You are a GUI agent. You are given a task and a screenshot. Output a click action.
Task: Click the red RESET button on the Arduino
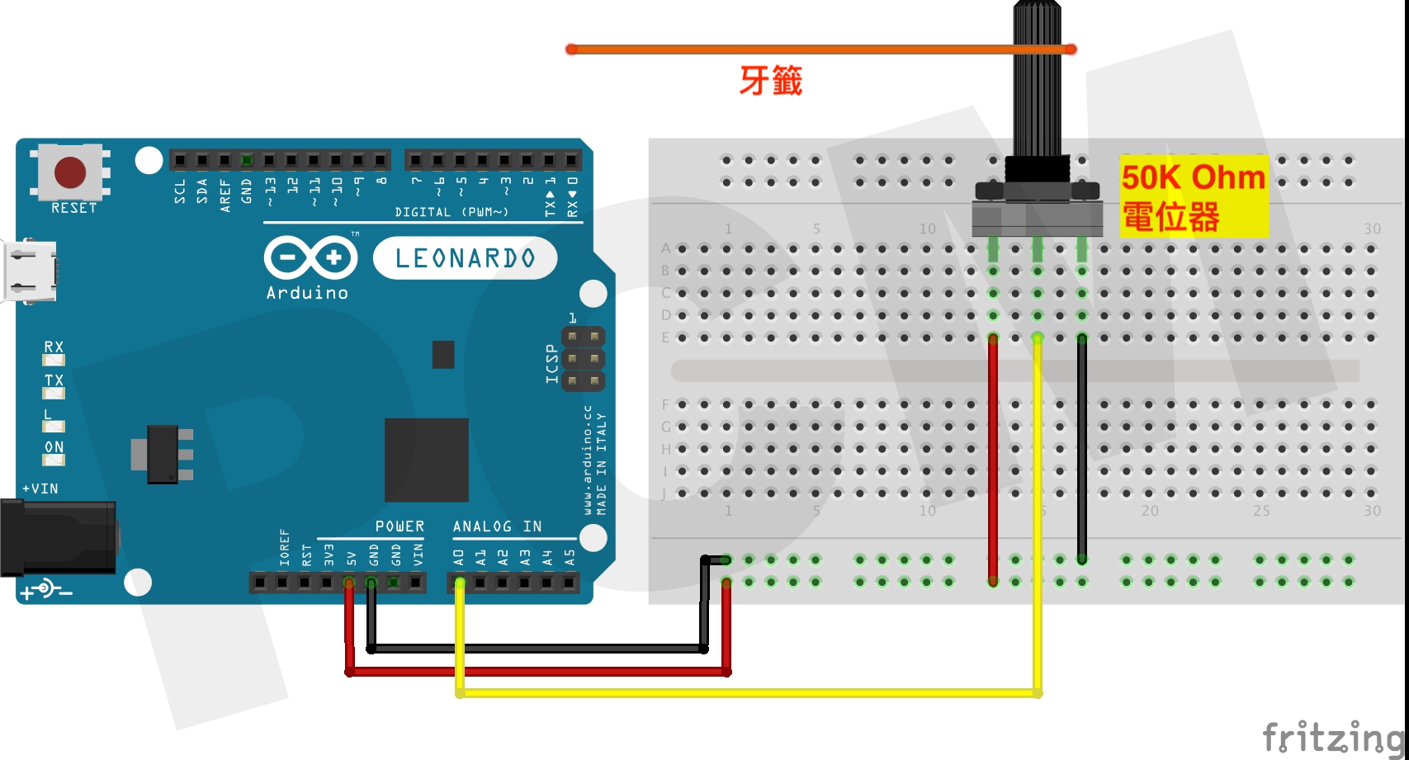pyautogui.click(x=69, y=172)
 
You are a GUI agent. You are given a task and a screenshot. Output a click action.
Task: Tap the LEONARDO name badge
pyautogui.click(x=465, y=258)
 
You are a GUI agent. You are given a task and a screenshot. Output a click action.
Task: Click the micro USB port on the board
pyautogui.click(x=30, y=271)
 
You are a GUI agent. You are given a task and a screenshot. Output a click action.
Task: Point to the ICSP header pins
pyautogui.click(x=583, y=359)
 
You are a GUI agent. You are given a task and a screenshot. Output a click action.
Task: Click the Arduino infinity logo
pyautogui.click(x=310, y=257)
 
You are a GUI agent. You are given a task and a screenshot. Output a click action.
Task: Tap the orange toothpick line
pyautogui.click(x=784, y=50)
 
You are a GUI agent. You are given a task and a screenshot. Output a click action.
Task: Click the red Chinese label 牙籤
pyautogui.click(x=770, y=81)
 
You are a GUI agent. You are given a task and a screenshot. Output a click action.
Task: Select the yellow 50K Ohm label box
pyautogui.click(x=1193, y=197)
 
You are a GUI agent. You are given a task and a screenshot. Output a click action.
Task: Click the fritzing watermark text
pyautogui.click(x=1332, y=737)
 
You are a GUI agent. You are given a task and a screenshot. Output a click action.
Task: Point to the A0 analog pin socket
pyautogui.click(x=460, y=583)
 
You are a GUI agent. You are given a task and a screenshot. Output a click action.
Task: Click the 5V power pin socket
pyautogui.click(x=349, y=583)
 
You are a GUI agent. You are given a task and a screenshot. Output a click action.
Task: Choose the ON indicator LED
pyautogui.click(x=54, y=460)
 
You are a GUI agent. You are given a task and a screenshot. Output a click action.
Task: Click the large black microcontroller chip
pyautogui.click(x=426, y=460)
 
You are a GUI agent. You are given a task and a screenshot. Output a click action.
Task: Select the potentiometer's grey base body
pyautogui.click(x=1037, y=219)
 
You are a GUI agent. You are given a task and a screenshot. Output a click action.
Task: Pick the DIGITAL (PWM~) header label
pyautogui.click(x=451, y=212)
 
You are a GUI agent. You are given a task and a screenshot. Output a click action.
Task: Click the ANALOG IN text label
pyautogui.click(x=497, y=526)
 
